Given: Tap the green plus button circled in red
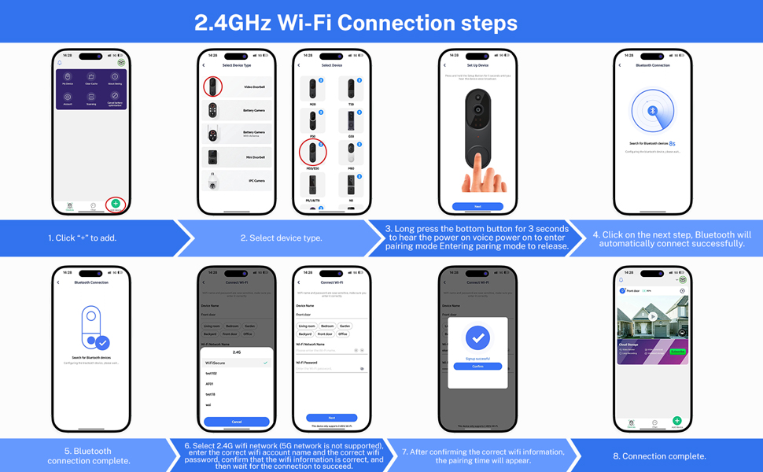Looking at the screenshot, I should coord(116,204).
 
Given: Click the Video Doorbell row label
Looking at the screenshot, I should coord(254,87).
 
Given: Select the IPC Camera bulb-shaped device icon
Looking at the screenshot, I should coord(212,181).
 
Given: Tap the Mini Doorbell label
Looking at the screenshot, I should coord(254,157).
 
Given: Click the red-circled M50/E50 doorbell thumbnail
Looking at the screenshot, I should coord(313,152).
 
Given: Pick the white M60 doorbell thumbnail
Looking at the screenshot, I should coord(351,153).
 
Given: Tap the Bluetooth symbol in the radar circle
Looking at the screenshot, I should coord(651,111).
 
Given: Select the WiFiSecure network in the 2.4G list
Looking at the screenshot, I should coord(216,363).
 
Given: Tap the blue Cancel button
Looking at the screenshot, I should coord(237,422).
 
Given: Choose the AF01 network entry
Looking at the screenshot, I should coord(210,384).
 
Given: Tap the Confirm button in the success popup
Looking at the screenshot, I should coord(477,367).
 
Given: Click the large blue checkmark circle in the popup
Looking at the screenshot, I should coord(477,338).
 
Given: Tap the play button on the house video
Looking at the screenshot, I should coord(653,317).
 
